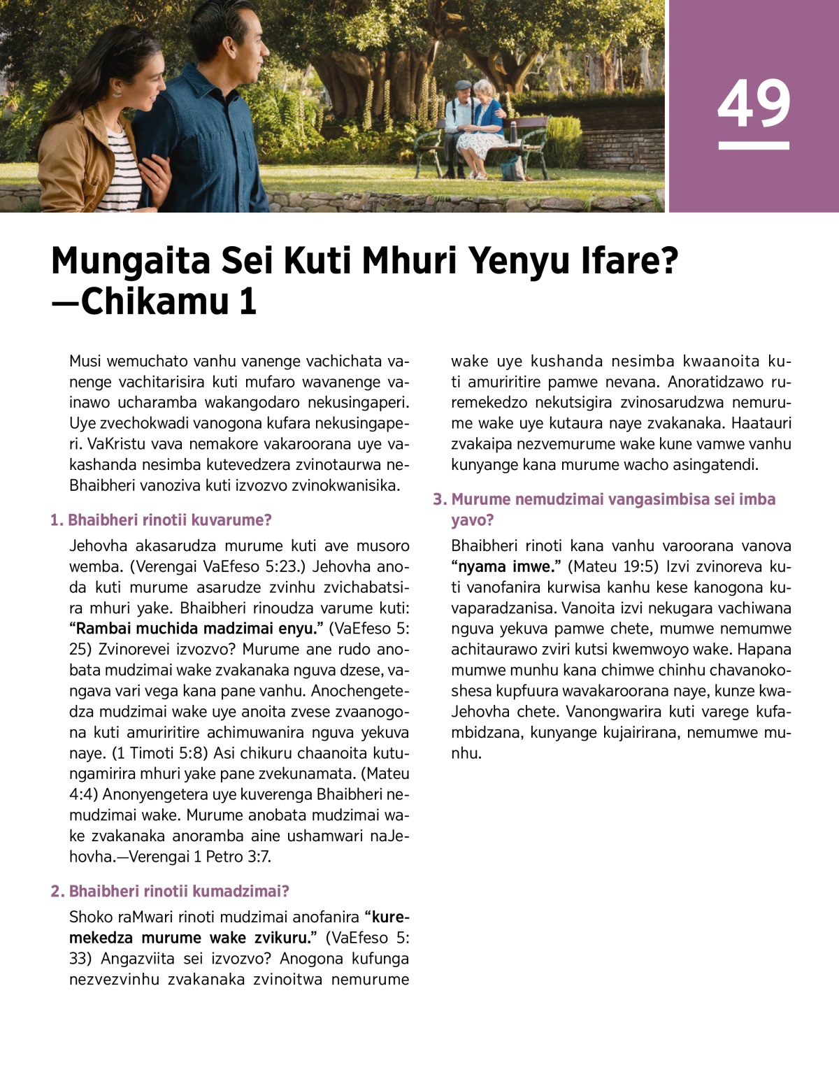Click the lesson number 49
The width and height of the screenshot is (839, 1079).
[754, 103]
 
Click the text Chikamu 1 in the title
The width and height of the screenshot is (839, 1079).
[169, 302]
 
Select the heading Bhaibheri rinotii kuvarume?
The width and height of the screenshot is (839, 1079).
[161, 520]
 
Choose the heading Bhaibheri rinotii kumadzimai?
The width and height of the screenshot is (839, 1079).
[170, 892]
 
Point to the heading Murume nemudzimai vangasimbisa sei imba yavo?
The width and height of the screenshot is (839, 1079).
[605, 509]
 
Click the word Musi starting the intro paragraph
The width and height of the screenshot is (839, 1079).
[85, 362]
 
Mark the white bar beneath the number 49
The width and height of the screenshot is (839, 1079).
[754, 146]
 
